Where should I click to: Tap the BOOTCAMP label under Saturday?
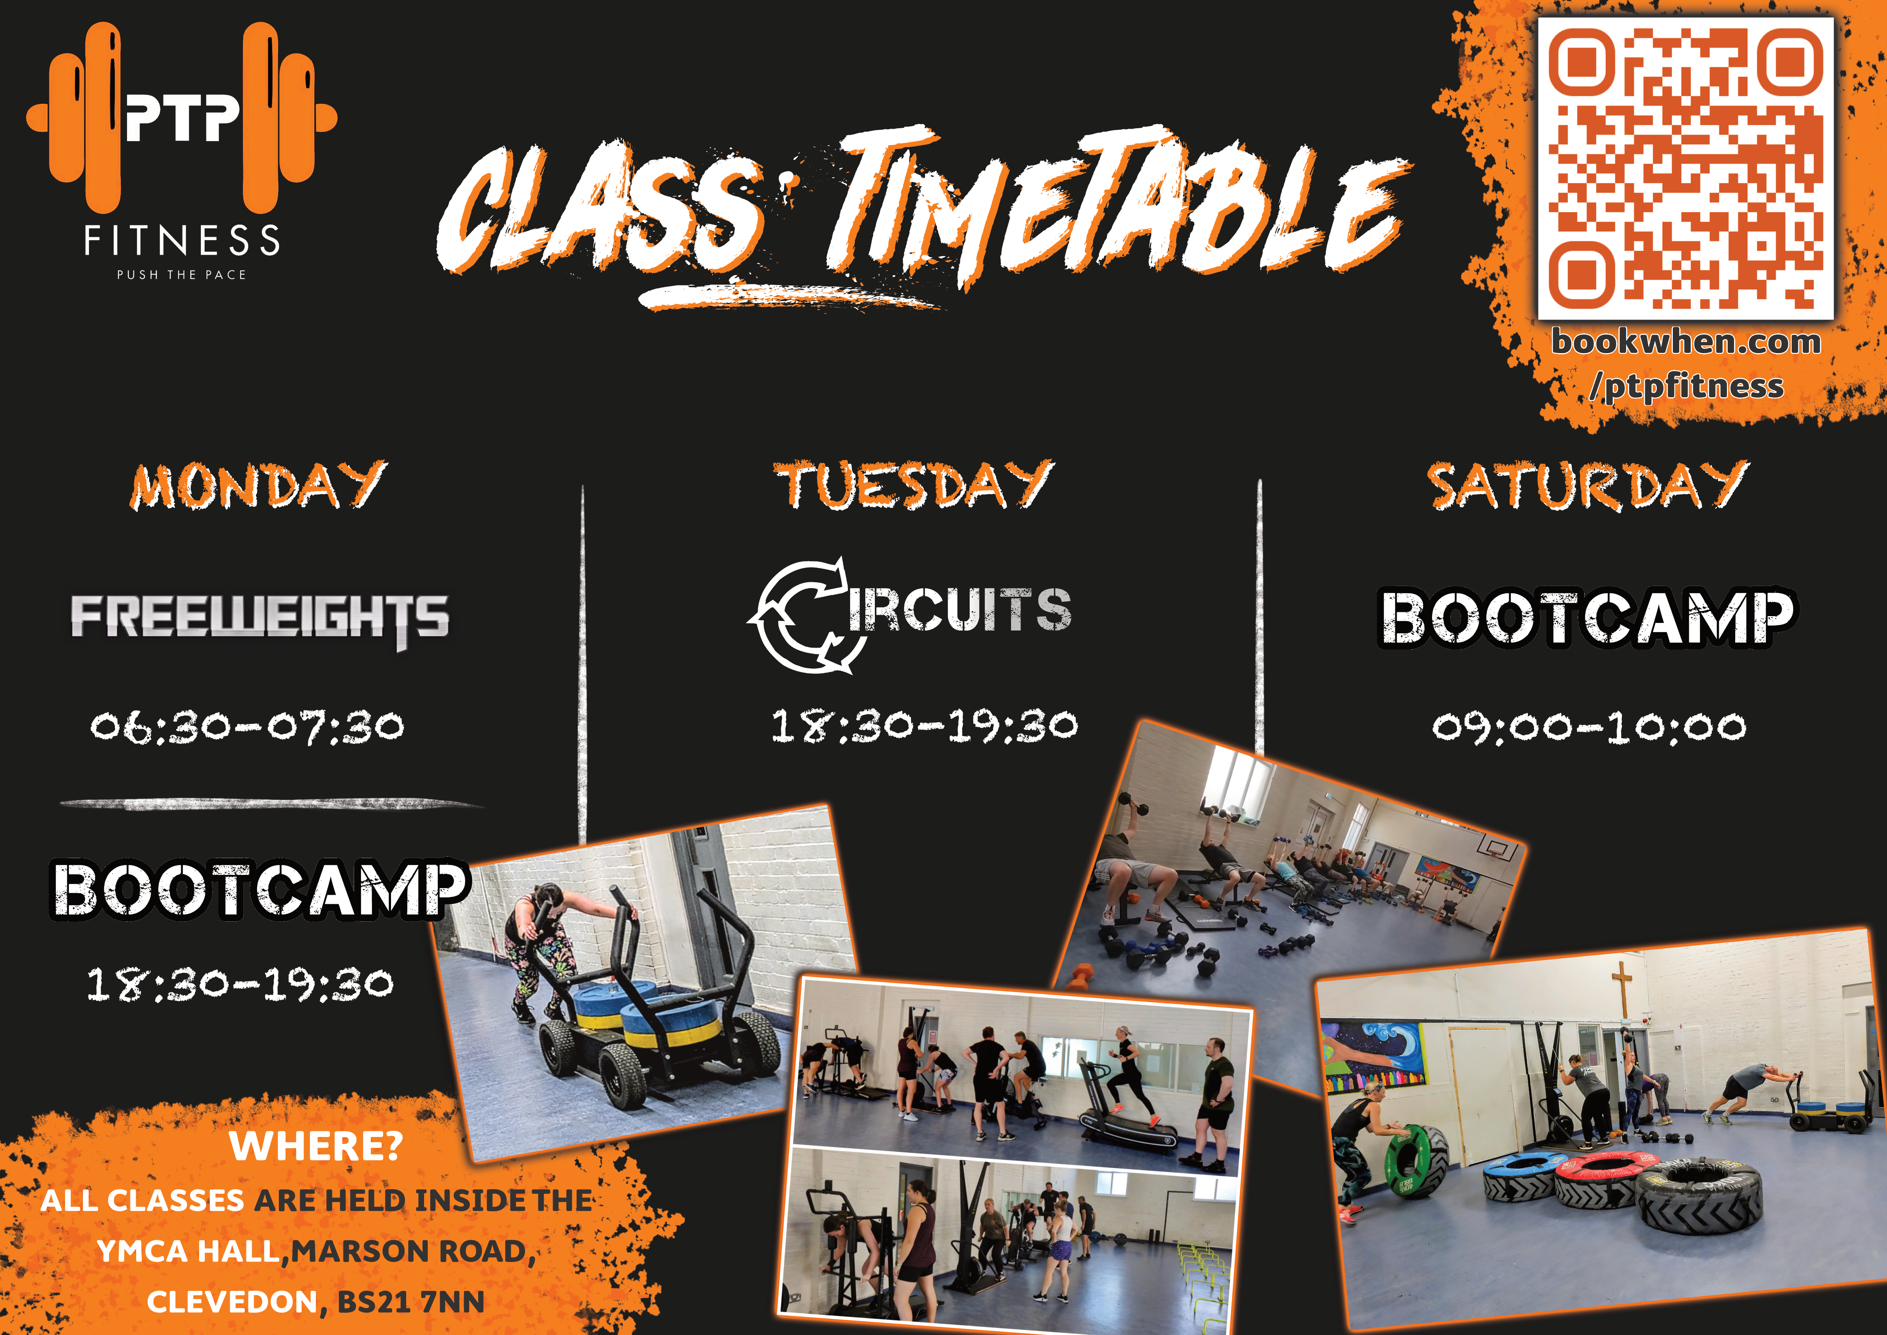click(1586, 618)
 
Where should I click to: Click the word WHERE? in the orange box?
click(316, 1146)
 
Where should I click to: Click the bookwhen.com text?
click(1686, 342)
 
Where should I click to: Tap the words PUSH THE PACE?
click(182, 274)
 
